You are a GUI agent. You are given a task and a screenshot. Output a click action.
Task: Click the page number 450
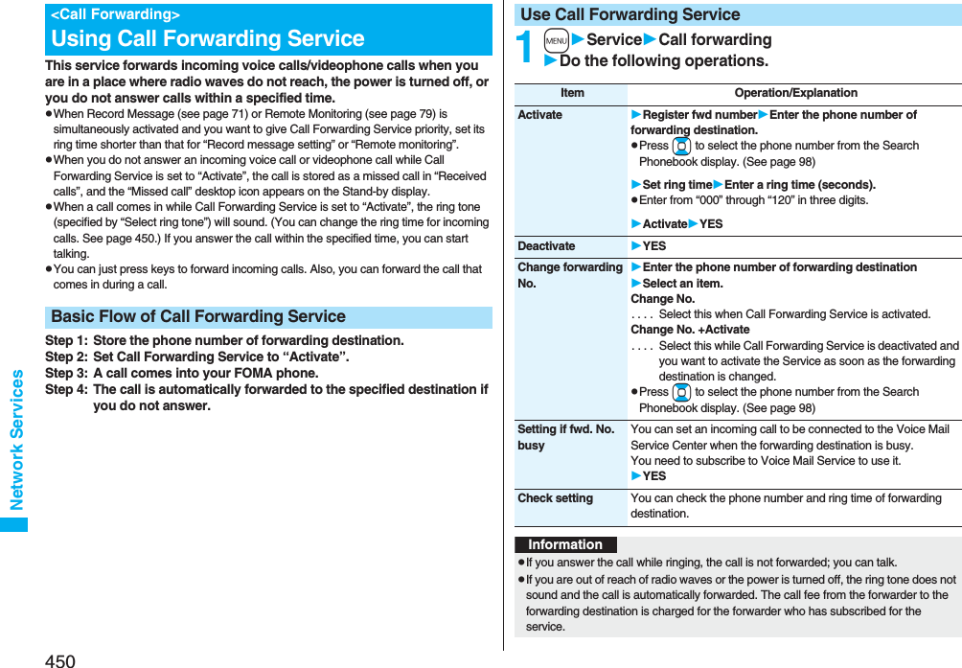(x=59, y=660)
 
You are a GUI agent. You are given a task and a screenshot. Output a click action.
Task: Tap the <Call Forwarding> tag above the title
(x=115, y=14)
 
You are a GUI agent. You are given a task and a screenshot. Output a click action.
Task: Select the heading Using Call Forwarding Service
(x=208, y=39)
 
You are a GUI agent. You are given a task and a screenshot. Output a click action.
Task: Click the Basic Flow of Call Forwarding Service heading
(x=198, y=317)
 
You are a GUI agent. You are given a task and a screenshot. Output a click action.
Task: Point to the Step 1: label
(x=66, y=340)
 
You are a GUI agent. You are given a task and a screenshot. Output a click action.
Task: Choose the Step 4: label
(x=66, y=389)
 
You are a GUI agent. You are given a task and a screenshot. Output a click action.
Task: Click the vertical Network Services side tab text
(x=16, y=440)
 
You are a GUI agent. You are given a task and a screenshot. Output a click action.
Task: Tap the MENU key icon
(x=557, y=40)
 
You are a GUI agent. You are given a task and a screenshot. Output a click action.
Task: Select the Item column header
(x=572, y=93)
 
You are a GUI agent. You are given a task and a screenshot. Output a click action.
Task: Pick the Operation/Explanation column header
(x=795, y=93)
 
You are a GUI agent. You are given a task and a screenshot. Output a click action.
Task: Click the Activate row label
(x=540, y=115)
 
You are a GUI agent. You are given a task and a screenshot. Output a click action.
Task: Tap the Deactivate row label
(x=546, y=246)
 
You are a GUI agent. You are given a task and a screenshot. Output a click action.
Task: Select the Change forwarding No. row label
(x=570, y=275)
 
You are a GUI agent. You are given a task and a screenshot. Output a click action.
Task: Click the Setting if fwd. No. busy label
(x=566, y=437)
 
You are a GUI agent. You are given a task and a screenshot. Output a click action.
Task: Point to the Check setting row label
(x=555, y=498)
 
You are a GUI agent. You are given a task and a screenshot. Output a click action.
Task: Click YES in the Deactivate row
(x=653, y=246)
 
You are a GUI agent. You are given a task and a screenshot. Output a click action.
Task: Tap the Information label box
(x=565, y=544)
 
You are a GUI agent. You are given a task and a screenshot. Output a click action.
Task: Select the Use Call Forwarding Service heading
(x=630, y=14)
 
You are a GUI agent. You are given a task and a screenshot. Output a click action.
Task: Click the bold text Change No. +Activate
(x=690, y=330)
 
